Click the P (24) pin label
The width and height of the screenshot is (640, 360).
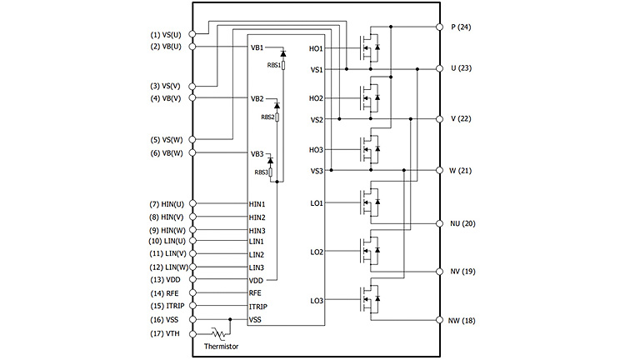[x=461, y=27]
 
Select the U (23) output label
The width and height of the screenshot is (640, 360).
[x=461, y=68]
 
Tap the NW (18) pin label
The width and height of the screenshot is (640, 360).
[x=462, y=320]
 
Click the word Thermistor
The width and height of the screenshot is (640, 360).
[x=221, y=346]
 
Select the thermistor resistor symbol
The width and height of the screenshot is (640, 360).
[x=220, y=333]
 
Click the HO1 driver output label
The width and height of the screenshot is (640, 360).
[x=316, y=48]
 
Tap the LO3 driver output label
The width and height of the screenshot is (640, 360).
[x=317, y=300]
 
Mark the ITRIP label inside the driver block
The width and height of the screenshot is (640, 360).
[x=258, y=307]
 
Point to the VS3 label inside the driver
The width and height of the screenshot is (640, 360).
[x=317, y=171]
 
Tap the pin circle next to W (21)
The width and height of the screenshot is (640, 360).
[x=439, y=170]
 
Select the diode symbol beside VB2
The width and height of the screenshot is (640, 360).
[x=276, y=106]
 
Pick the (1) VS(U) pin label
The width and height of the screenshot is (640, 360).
[x=168, y=34]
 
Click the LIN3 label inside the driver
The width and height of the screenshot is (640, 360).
[x=257, y=267]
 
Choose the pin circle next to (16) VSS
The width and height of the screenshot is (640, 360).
[x=192, y=320]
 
